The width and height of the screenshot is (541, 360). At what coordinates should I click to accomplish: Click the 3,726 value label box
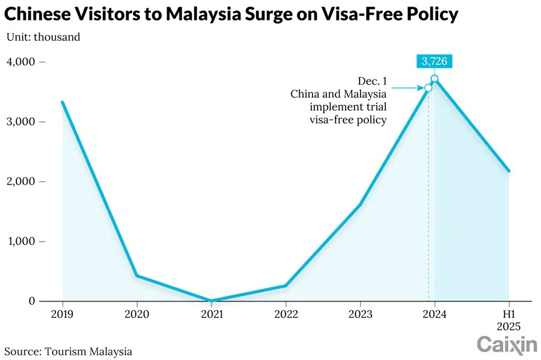tap(434, 61)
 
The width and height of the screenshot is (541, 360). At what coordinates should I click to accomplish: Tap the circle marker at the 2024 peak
tap(435, 79)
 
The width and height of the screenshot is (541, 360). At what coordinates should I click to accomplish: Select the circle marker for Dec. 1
tap(428, 88)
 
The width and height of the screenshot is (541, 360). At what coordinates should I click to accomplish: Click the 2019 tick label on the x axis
tap(62, 313)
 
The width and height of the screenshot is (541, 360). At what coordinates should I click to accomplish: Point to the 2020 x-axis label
tap(136, 313)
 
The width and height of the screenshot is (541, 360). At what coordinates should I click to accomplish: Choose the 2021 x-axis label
tap(211, 313)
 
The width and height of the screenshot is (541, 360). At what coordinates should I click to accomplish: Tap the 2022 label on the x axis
tap(286, 313)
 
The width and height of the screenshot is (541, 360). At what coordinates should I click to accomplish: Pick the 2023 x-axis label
tap(360, 313)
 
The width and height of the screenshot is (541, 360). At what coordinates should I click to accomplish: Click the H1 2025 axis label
tap(509, 319)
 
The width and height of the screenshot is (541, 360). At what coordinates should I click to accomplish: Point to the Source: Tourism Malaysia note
tap(69, 351)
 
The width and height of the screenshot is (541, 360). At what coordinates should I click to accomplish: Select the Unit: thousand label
tap(43, 37)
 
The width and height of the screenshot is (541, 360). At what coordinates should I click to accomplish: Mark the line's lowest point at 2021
tap(211, 301)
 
